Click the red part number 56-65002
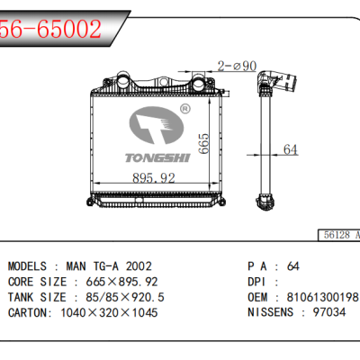[50, 29]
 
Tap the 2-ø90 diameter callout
[237, 66]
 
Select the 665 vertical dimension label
[203, 144]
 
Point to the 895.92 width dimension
[154, 178]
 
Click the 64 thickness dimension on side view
[290, 149]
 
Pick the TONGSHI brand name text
[157, 158]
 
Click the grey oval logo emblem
[157, 125]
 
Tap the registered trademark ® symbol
[184, 109]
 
